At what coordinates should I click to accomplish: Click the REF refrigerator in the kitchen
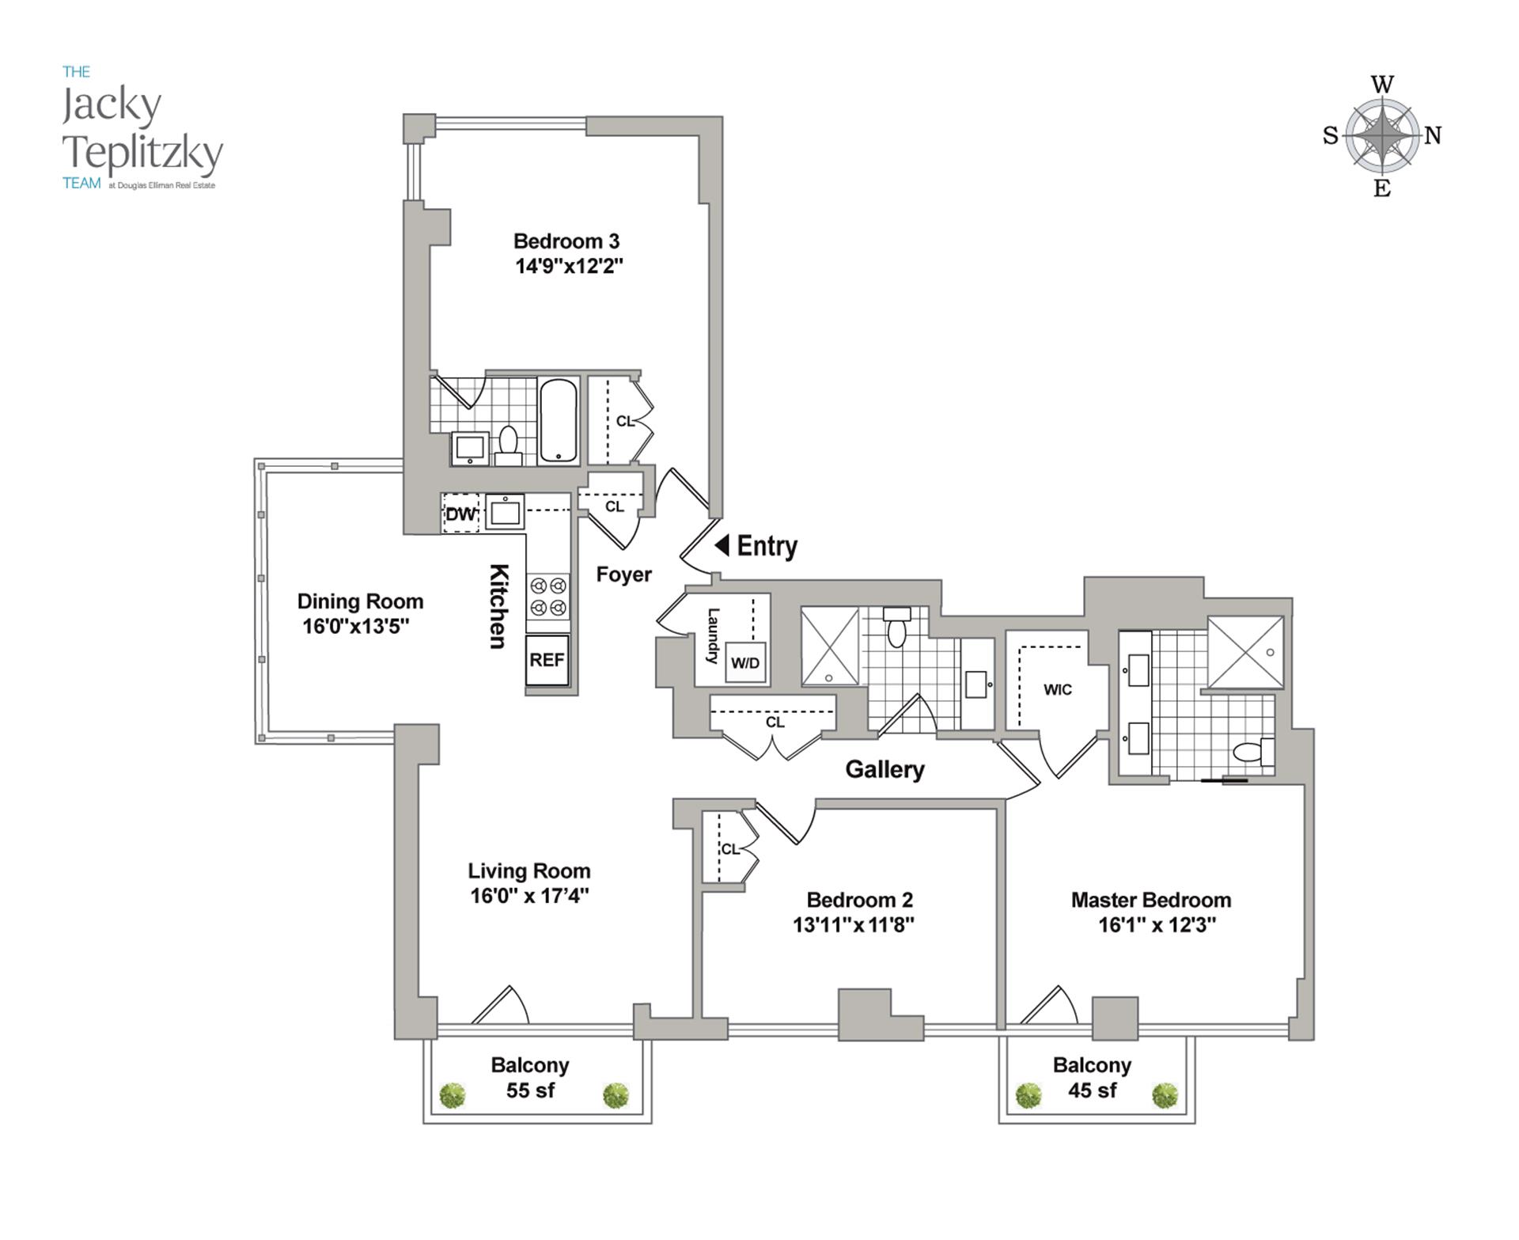[547, 660]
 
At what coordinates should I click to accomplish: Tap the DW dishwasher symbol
[460, 514]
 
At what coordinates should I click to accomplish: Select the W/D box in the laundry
[744, 663]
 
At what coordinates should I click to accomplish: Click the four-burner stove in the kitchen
[548, 597]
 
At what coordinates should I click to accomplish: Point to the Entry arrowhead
[722, 545]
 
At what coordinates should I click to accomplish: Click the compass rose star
[1382, 135]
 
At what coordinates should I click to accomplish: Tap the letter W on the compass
[1382, 85]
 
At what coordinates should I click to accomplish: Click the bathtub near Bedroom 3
[559, 421]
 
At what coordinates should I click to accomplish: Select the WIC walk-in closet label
[1057, 690]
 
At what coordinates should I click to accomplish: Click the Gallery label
[885, 769]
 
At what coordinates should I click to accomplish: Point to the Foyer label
[623, 574]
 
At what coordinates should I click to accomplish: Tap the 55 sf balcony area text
[530, 1090]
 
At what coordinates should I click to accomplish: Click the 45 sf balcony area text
[1092, 1090]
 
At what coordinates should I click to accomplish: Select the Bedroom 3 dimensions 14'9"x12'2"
[569, 266]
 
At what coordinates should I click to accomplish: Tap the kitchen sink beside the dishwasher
[505, 512]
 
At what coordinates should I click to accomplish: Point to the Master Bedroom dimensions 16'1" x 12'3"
[1157, 924]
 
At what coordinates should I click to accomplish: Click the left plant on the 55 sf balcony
[453, 1095]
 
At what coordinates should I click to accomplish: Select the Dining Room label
[360, 601]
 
